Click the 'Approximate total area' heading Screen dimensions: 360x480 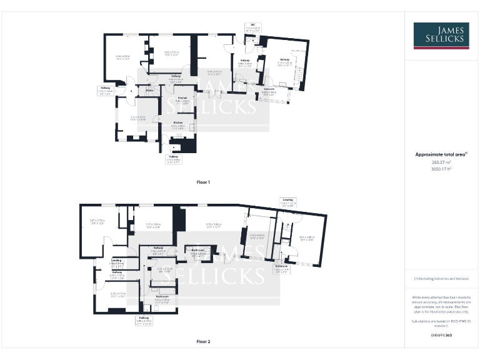(441, 154)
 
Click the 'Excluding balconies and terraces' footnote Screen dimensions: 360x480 (441, 279)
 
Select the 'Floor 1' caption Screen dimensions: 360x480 (204, 182)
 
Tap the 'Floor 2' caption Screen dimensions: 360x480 (204, 342)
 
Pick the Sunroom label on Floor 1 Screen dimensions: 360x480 (269, 91)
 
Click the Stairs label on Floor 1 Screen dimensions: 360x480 (150, 91)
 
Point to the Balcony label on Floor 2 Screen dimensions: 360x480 (281, 265)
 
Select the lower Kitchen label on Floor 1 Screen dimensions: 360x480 (177, 123)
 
